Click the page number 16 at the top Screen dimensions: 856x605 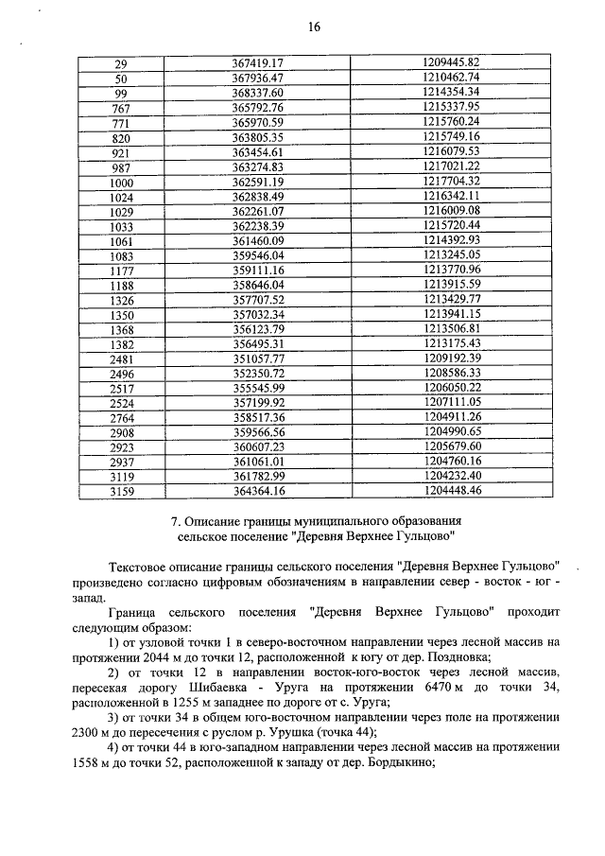click(x=315, y=27)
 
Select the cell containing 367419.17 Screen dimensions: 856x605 click(x=258, y=62)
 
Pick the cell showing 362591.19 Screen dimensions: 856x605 click(x=258, y=182)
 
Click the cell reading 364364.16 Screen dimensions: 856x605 click(x=258, y=491)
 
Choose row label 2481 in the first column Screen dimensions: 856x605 click(x=121, y=358)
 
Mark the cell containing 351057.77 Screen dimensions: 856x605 click(x=258, y=358)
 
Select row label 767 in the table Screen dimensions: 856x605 click(x=120, y=107)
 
